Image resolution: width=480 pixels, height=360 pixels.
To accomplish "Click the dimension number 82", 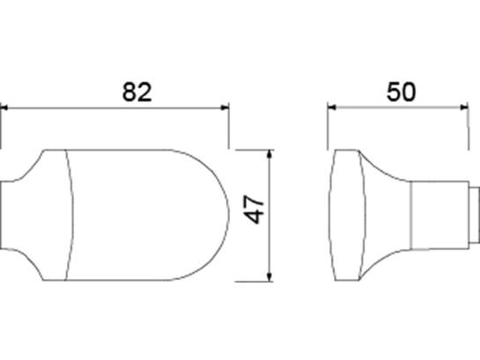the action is [x=137, y=92].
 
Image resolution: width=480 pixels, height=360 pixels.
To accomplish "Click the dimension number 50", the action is [x=402, y=92].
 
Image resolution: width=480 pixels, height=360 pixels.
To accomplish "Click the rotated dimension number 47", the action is [x=255, y=209].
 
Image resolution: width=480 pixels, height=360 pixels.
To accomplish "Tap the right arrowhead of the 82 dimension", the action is [x=225, y=107].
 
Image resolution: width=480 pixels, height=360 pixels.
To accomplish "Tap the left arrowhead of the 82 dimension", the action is [x=4, y=107].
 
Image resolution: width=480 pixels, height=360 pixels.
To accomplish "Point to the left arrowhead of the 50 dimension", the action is [x=331, y=107].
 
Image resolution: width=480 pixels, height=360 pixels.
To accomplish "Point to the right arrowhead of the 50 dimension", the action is [x=464, y=107].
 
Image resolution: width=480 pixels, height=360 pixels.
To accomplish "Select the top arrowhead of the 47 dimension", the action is [x=270, y=154].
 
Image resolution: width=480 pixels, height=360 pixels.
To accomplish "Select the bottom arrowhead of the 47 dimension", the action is [x=270, y=276].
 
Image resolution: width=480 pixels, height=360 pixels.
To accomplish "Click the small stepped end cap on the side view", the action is [x=474, y=216].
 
